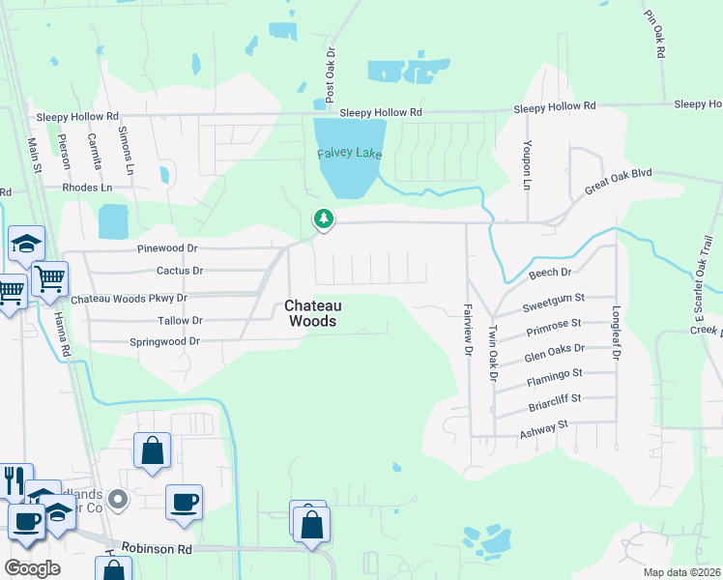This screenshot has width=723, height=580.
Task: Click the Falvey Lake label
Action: tap(350, 154)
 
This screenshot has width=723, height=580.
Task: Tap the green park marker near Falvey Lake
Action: tap(324, 219)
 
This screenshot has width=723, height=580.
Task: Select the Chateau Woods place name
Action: tap(310, 312)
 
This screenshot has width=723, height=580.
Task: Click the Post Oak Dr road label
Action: tap(330, 75)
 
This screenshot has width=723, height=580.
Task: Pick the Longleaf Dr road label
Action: tap(615, 333)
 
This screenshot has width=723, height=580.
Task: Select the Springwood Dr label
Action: tap(164, 341)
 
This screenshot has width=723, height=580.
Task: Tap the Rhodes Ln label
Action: tap(87, 188)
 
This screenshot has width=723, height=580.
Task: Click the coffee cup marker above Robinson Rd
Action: tap(184, 504)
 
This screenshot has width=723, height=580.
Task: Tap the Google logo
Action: tap(32, 568)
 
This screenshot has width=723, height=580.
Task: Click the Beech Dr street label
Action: tap(551, 275)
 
